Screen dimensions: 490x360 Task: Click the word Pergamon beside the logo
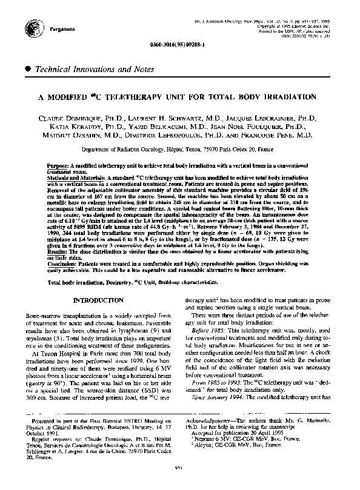(x=53, y=28)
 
